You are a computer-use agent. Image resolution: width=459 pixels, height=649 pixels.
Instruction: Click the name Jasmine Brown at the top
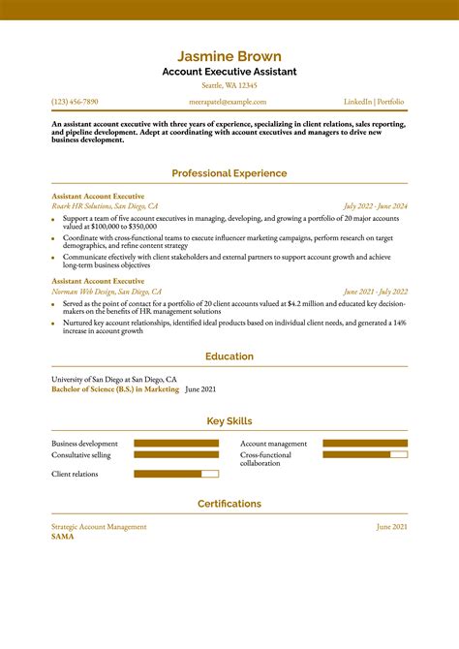229,56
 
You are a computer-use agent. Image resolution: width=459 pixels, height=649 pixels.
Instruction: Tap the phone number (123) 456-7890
75,102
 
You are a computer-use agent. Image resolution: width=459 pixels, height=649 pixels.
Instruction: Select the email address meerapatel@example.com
228,102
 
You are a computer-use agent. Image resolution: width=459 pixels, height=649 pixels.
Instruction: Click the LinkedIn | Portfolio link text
374,102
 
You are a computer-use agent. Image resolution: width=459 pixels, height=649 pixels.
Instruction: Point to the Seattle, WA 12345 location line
229,85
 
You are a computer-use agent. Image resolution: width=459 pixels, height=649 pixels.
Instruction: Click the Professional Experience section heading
229,173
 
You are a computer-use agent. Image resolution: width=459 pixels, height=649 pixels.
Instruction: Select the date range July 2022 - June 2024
375,206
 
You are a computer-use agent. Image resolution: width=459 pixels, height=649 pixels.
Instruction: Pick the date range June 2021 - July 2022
375,292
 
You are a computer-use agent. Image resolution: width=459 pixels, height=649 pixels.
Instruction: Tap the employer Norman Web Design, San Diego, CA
107,292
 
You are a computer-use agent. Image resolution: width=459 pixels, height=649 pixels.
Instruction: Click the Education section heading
229,356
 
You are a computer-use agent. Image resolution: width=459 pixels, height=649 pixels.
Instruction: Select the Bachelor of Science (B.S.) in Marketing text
115,388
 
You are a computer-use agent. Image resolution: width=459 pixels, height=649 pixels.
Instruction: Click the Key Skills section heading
229,421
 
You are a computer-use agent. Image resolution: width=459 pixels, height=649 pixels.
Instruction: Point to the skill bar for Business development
176,444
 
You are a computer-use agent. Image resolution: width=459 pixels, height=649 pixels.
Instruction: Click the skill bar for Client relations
176,474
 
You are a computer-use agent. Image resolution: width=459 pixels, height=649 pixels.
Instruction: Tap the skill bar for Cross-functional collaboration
365,454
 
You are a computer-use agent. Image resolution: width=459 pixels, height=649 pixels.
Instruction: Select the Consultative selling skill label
81,454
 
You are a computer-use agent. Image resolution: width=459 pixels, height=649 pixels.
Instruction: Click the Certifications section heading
229,504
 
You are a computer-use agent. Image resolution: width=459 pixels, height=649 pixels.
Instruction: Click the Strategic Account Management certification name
99,526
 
